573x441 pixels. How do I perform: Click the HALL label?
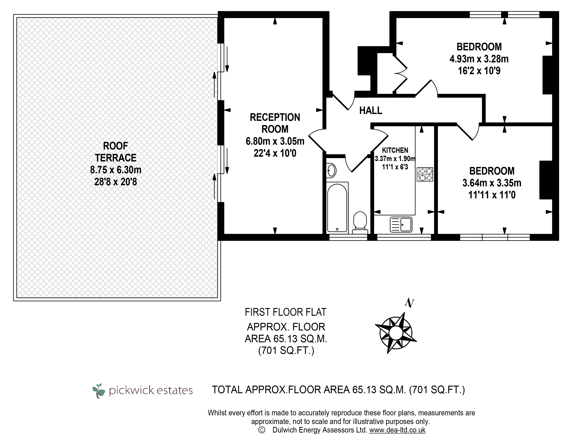[371, 111]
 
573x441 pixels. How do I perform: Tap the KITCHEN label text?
[395, 150]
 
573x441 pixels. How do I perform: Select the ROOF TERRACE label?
[116, 152]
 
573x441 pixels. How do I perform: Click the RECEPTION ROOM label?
[275, 123]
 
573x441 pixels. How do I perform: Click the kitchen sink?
[401, 224]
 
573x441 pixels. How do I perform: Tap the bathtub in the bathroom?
[337, 207]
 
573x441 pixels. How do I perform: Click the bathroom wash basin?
[331, 170]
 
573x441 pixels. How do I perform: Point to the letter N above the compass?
[409, 303]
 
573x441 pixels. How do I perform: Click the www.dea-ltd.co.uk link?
[397, 430]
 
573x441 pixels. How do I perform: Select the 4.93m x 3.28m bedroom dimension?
[479, 59]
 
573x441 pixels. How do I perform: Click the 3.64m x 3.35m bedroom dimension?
[492, 183]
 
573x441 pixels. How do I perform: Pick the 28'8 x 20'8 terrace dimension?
[116, 182]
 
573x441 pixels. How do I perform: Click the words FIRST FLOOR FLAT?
[285, 312]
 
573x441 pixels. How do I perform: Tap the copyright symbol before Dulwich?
[262, 430]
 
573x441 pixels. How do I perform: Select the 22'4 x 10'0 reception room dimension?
[275, 153]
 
